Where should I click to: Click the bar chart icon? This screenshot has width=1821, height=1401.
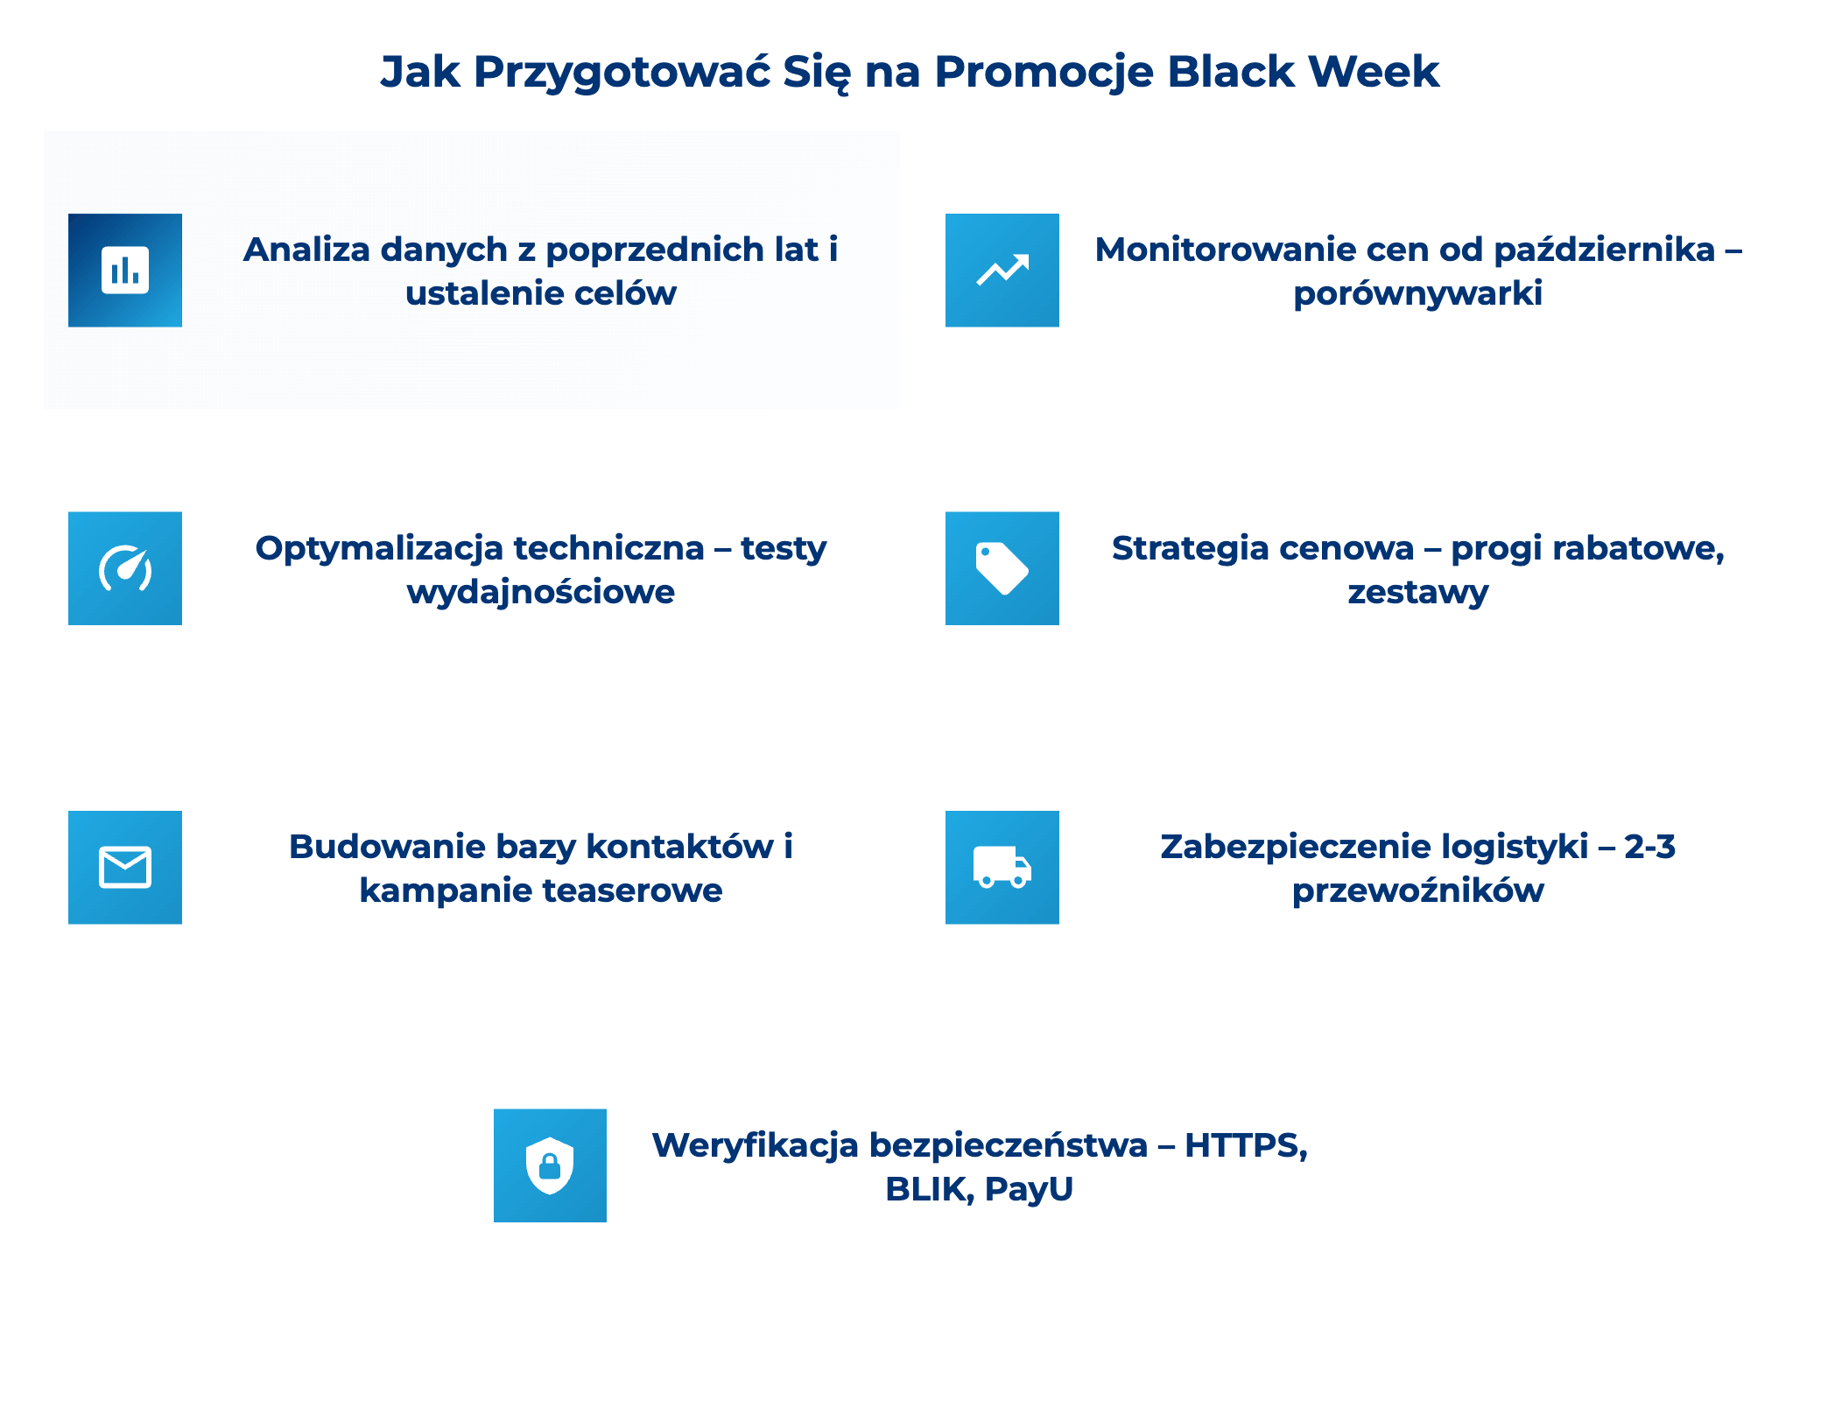coord(125,271)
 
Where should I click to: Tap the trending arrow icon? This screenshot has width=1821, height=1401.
coord(1002,271)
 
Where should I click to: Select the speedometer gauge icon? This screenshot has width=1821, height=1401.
coord(125,568)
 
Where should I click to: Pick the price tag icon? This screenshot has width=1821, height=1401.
coord(1002,568)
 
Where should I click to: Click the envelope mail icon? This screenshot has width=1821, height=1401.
coord(125,867)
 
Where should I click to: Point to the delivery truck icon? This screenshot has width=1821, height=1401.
coord(1002,867)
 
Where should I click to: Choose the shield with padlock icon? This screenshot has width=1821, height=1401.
coord(550,1165)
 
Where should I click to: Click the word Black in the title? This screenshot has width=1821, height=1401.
coord(1230,72)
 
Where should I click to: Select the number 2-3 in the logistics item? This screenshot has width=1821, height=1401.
coord(1649,847)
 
